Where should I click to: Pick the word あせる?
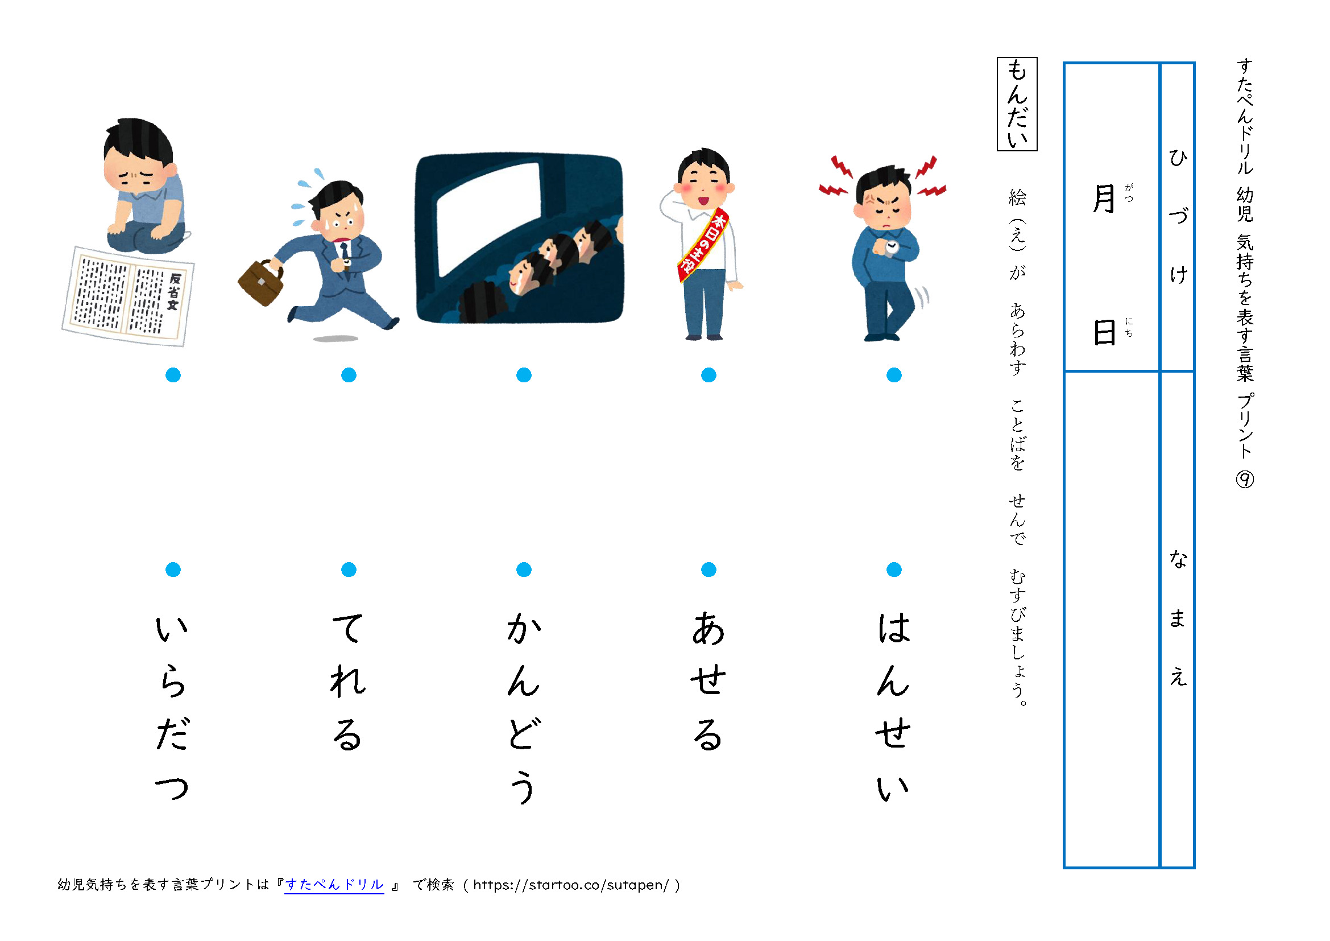708,681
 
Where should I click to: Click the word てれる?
348,681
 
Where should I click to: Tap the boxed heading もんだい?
1017,104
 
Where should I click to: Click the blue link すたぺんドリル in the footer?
334,885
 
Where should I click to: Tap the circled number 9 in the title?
1244,479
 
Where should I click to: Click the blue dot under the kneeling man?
173,375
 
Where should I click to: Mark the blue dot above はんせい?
893,569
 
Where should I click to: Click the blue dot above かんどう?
524,569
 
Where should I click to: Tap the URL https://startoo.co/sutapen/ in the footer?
570,885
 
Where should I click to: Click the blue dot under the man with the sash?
708,375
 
